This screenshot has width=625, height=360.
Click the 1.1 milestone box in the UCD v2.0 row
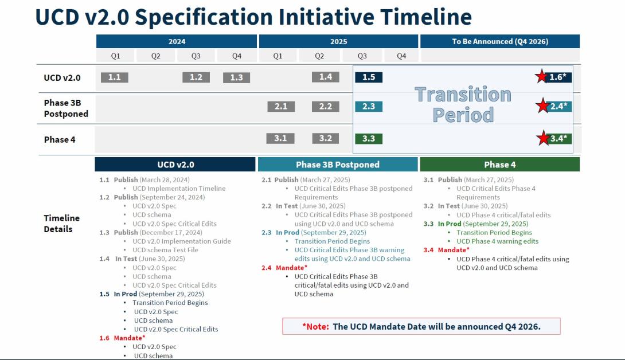114,77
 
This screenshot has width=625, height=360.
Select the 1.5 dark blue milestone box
368,77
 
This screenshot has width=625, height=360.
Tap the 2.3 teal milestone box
368,107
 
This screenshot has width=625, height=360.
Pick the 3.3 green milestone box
368,139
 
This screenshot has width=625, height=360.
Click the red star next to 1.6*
541,76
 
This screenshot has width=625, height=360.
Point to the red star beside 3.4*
542,138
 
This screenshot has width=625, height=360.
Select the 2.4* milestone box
558,106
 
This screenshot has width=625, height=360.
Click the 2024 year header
177,41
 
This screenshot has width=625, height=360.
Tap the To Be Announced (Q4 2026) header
499,41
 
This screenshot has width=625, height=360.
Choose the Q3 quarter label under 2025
362,56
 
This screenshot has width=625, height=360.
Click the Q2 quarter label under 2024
155,56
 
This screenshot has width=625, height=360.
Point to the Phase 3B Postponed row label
66,108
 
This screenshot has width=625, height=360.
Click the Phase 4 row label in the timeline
60,139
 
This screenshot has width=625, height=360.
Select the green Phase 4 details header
499,165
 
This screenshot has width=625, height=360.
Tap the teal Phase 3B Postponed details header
337,165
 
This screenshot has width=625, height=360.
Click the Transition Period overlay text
463,104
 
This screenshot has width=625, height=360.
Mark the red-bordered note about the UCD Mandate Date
421,326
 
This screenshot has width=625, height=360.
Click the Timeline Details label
61,224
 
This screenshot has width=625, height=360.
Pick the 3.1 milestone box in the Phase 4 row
280,139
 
